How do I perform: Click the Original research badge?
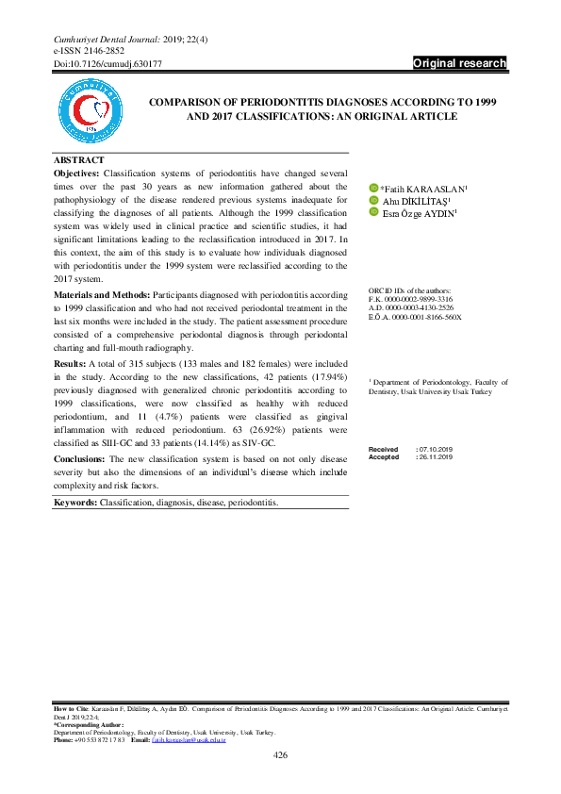pyautogui.click(x=460, y=64)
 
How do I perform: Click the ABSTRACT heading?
pyautogui.click(x=79, y=160)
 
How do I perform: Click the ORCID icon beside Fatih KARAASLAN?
pyautogui.click(x=372, y=189)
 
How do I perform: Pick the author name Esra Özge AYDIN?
pyautogui.click(x=420, y=213)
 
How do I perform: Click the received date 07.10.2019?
pyautogui.click(x=435, y=450)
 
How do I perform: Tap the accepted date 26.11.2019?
pyautogui.click(x=435, y=457)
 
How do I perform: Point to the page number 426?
pyautogui.click(x=280, y=754)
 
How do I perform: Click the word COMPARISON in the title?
pyautogui.click(x=177, y=100)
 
